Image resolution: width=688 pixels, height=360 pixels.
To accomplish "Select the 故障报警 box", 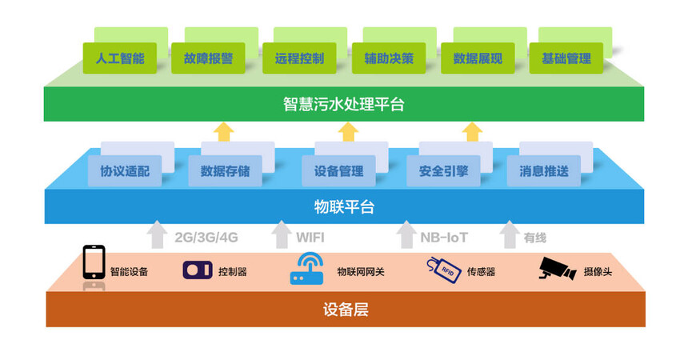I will point(208,58).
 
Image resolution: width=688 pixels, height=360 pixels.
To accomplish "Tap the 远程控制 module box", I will point(298,58).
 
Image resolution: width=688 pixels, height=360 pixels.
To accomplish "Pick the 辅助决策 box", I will point(388,58).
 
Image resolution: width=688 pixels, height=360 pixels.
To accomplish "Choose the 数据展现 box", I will point(478,58).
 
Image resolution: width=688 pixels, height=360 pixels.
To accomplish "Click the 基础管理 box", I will point(566,58).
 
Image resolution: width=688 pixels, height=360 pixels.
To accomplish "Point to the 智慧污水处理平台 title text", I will point(344,105).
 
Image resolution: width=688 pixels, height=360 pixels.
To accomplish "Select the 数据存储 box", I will point(225,170).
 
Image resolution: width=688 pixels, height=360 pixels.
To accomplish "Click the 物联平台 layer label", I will point(344,208).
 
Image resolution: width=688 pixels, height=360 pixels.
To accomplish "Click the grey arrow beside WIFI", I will point(281,235).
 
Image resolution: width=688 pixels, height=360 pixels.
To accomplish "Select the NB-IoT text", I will point(444,238).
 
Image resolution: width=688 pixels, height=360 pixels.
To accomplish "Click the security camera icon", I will point(558,269).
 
